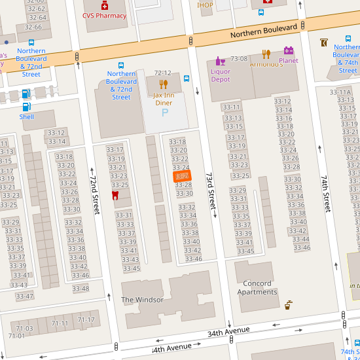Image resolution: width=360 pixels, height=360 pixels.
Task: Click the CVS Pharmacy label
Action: pos(104,15)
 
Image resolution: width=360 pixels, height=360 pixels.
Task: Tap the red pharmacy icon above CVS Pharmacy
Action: pos(105,5)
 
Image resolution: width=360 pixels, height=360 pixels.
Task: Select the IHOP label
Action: pos(206,5)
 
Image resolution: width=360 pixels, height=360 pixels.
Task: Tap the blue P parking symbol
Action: pos(164,112)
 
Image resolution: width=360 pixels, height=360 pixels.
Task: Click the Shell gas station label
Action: pos(26,117)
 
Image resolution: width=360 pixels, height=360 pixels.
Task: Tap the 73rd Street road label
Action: pos(211,191)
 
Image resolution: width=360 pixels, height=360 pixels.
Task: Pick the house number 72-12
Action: pos(162,73)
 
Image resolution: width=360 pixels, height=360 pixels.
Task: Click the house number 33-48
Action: pos(81,289)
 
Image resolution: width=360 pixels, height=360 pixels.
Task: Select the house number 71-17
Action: pos(86,319)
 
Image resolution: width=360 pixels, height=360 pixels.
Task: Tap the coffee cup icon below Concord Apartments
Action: pos(289,305)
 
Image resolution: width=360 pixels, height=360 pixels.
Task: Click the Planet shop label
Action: pos(288,61)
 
